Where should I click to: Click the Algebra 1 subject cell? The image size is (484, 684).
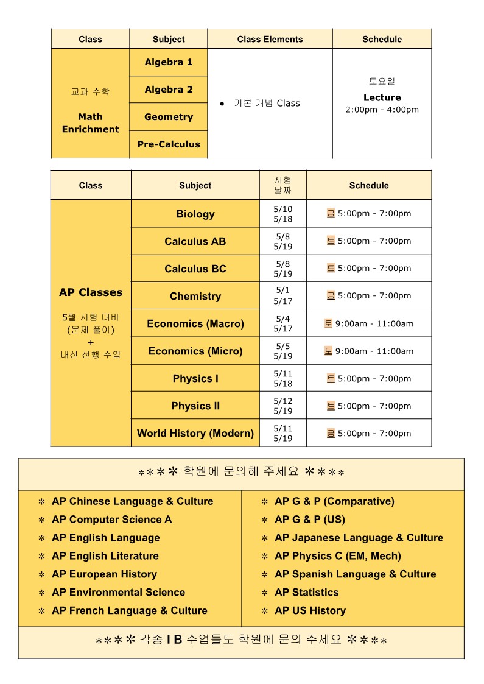point(169,62)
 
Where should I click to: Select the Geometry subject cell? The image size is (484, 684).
point(169,117)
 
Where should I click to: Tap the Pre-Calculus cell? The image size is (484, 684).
point(169,144)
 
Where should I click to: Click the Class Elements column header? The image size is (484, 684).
point(270,39)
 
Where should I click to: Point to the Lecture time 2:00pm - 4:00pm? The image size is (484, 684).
point(382,110)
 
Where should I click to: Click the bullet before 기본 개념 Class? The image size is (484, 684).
point(222,104)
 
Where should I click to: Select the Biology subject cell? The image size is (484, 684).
point(195,214)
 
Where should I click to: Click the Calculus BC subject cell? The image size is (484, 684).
point(195,269)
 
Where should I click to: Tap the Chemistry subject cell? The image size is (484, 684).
point(195,296)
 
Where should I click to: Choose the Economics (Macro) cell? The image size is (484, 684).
point(195,323)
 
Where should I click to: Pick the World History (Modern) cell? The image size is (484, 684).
point(195,433)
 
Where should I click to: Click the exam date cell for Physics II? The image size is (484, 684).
point(283,406)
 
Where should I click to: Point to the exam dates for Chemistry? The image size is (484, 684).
point(283,296)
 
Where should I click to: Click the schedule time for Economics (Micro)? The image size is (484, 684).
point(374,351)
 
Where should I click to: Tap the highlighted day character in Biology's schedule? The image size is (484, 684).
point(331,213)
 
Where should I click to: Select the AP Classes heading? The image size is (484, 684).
point(91,292)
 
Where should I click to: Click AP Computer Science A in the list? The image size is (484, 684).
point(112,520)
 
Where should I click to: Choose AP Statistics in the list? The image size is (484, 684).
point(307,592)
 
